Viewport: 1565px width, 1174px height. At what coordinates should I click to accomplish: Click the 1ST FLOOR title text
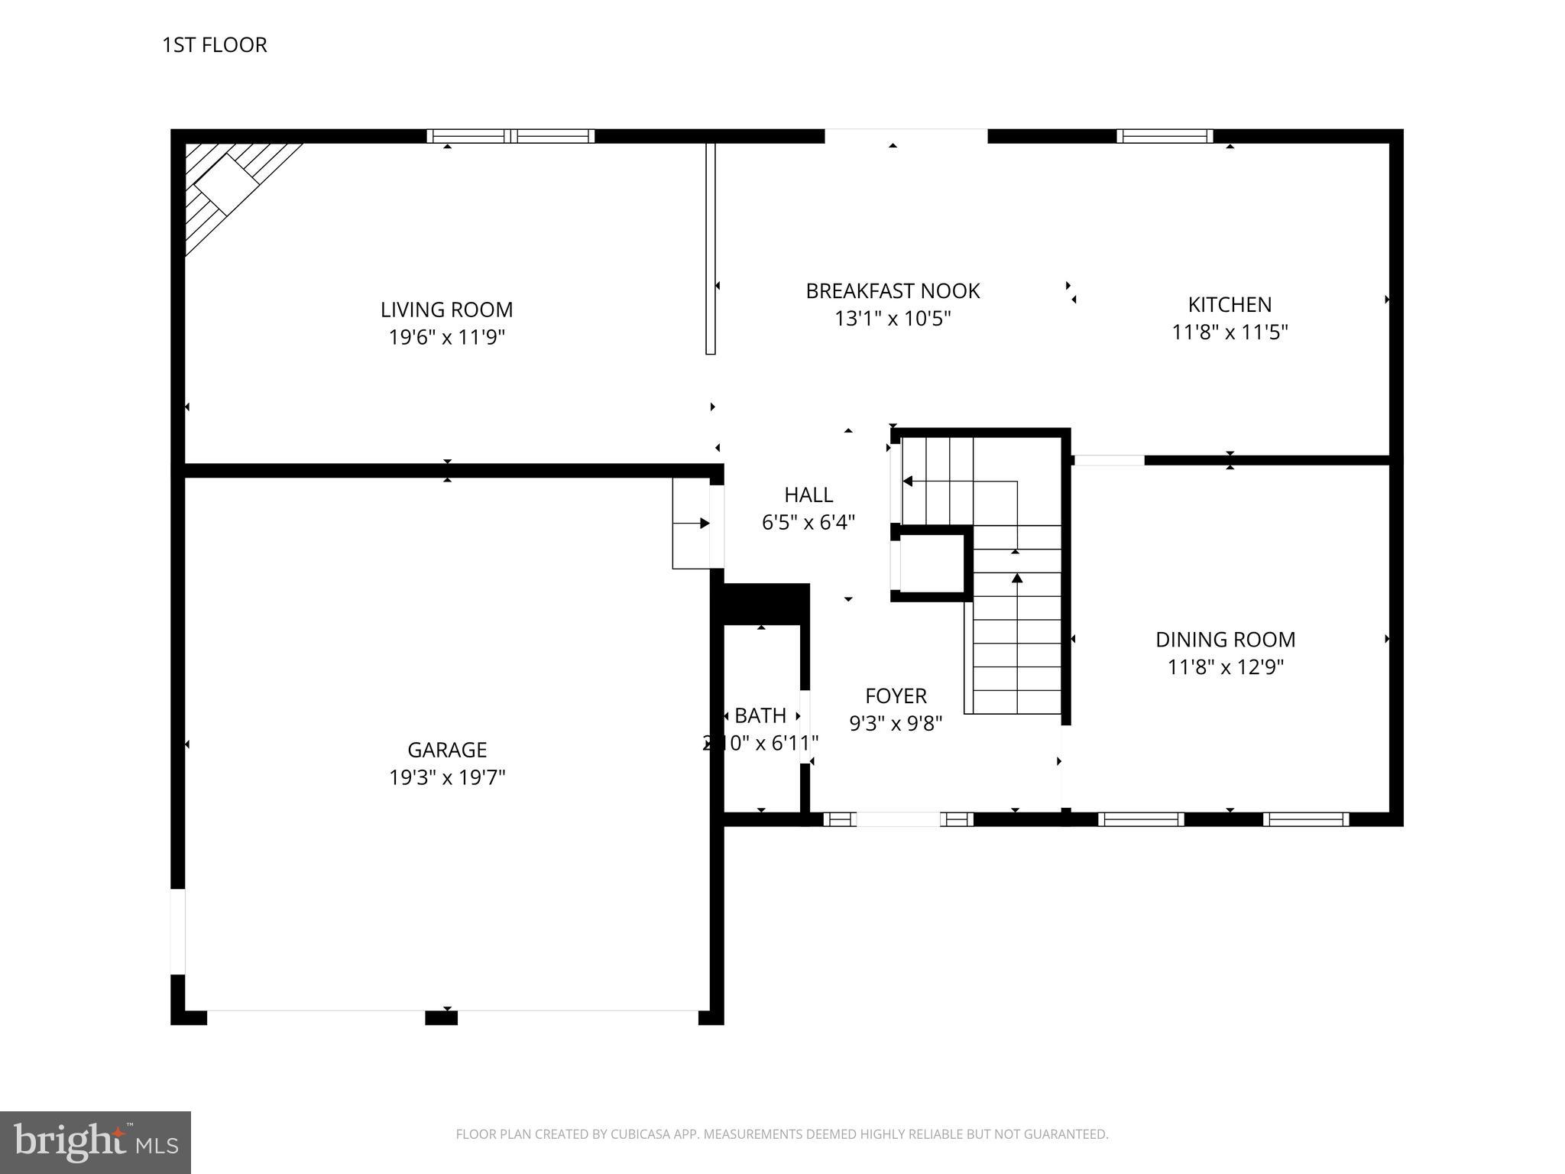point(214,45)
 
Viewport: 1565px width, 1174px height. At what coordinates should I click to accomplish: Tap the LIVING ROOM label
point(446,310)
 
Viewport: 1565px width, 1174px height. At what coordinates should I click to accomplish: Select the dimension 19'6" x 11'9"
point(446,337)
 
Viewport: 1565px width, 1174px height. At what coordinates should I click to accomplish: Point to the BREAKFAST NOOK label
point(892,290)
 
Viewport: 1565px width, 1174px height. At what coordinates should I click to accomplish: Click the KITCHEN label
point(1229,304)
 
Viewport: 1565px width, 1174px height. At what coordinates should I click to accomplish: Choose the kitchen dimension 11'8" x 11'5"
point(1229,332)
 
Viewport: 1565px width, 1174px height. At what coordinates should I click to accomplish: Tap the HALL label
point(808,495)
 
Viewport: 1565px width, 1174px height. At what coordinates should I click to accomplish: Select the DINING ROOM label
point(1224,639)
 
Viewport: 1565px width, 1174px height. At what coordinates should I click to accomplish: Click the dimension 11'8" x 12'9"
point(1224,667)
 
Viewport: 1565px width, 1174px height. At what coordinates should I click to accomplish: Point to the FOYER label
point(895,696)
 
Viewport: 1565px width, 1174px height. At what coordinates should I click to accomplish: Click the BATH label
point(760,715)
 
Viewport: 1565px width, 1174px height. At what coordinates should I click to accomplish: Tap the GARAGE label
point(446,749)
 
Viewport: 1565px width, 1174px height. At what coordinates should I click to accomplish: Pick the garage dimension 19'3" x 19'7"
point(446,777)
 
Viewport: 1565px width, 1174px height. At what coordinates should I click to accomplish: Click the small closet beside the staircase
point(932,563)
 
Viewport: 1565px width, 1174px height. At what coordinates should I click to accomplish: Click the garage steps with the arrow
point(691,524)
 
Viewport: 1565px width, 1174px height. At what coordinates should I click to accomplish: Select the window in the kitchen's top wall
point(1164,136)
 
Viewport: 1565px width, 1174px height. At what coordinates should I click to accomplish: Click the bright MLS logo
point(95,1142)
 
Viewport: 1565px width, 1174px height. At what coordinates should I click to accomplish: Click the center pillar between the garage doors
point(441,1017)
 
